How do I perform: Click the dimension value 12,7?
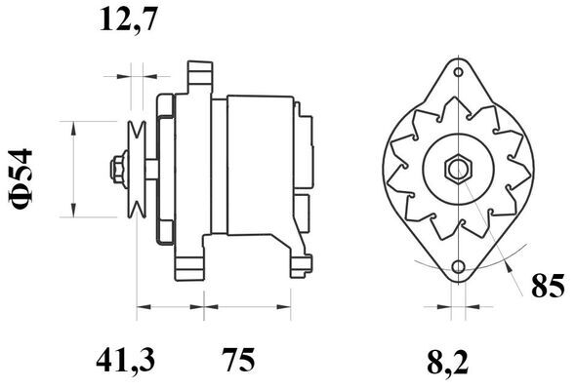pos(128,19)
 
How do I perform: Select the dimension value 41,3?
pos(126,361)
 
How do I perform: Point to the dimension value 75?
pos(238,361)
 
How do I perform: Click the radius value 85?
pos(548,286)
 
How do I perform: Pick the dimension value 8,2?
pos(448,363)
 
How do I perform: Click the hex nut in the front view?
pos(459,169)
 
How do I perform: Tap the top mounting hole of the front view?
pos(459,72)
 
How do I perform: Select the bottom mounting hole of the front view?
pos(459,267)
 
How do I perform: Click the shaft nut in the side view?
pos(117,169)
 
